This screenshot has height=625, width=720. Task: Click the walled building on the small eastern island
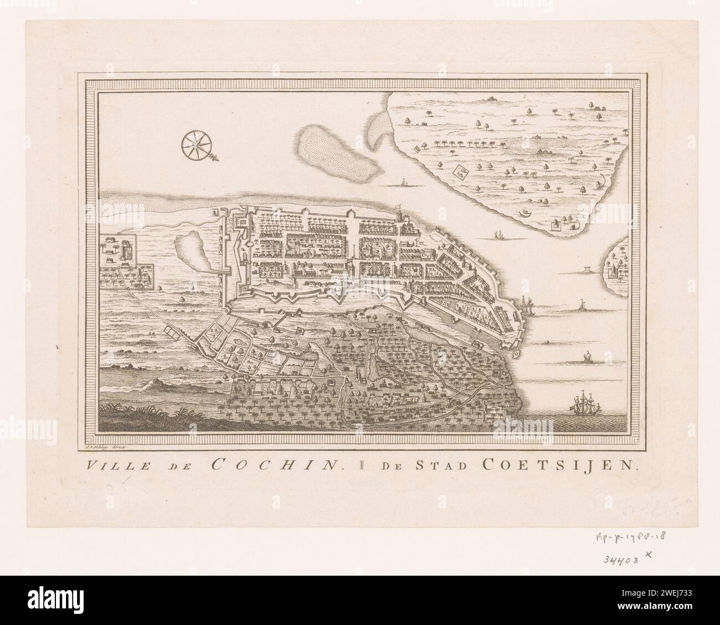point(614,271)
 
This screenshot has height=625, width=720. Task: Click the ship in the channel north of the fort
point(500,235)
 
